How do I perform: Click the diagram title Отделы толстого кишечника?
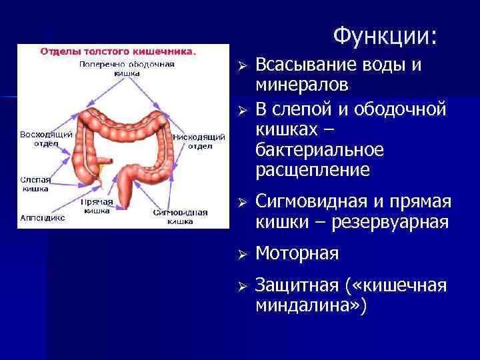click(118, 51)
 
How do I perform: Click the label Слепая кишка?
click(34, 185)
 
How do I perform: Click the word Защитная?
click(298, 285)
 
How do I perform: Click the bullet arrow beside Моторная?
click(243, 254)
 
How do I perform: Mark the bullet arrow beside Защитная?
click(243, 285)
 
